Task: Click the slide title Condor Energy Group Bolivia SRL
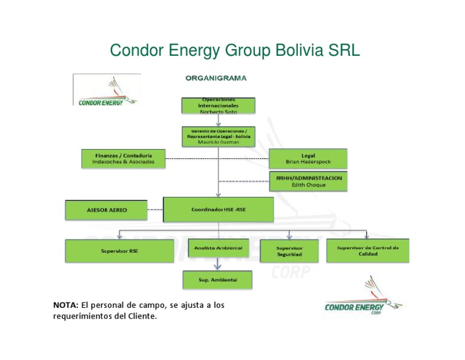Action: click(x=234, y=50)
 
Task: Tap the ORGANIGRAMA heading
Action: click(x=216, y=78)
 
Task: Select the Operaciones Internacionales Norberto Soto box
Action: click(x=219, y=105)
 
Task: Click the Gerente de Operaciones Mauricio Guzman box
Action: click(x=219, y=136)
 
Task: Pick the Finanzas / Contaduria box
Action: click(x=124, y=158)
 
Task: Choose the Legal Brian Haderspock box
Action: click(x=308, y=159)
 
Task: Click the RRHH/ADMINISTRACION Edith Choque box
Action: click(x=308, y=181)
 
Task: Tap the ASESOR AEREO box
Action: click(x=107, y=210)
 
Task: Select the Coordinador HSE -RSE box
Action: click(x=219, y=210)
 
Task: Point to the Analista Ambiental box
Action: click(x=219, y=248)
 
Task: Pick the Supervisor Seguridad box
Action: click(x=289, y=252)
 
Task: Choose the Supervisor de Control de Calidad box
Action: click(x=368, y=250)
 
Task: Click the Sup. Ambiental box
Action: click(x=218, y=280)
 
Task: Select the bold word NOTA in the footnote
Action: click(x=66, y=305)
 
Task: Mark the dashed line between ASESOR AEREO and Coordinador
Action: click(x=155, y=210)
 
